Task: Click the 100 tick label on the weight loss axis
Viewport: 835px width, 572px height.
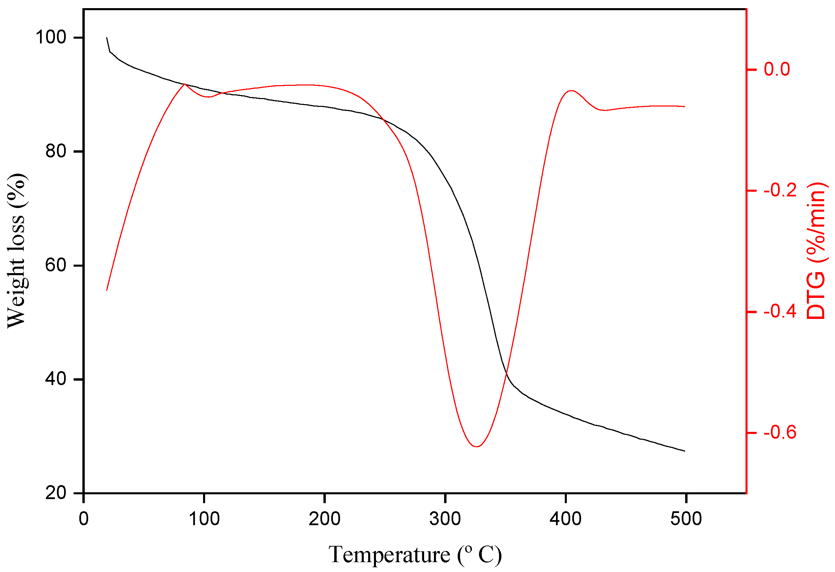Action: [x=51, y=37]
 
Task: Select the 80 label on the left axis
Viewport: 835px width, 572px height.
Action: [x=56, y=151]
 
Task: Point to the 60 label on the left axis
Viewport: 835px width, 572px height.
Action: [x=56, y=265]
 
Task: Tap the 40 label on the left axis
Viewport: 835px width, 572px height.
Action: [x=56, y=379]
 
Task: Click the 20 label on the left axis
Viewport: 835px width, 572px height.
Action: [x=56, y=493]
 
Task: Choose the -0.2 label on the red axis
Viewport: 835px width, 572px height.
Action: [x=780, y=190]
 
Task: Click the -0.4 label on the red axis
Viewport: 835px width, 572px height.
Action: [x=780, y=311]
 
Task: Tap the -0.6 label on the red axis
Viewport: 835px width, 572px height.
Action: [x=780, y=433]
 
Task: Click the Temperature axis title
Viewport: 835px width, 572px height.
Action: [x=415, y=555]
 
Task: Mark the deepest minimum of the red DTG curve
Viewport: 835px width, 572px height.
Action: [x=476, y=446]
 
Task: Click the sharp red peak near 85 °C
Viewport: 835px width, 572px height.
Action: [x=185, y=84]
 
